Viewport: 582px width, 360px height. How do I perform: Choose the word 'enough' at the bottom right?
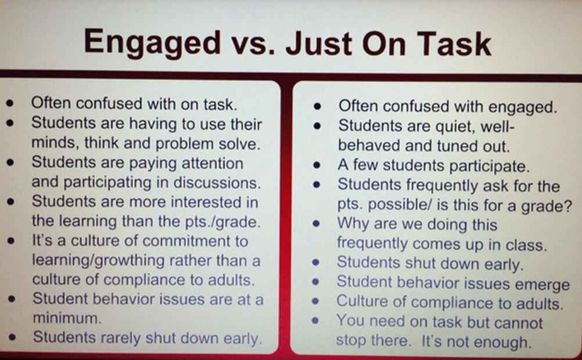pos(504,341)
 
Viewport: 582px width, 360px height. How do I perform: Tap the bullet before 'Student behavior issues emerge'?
pos(317,284)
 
